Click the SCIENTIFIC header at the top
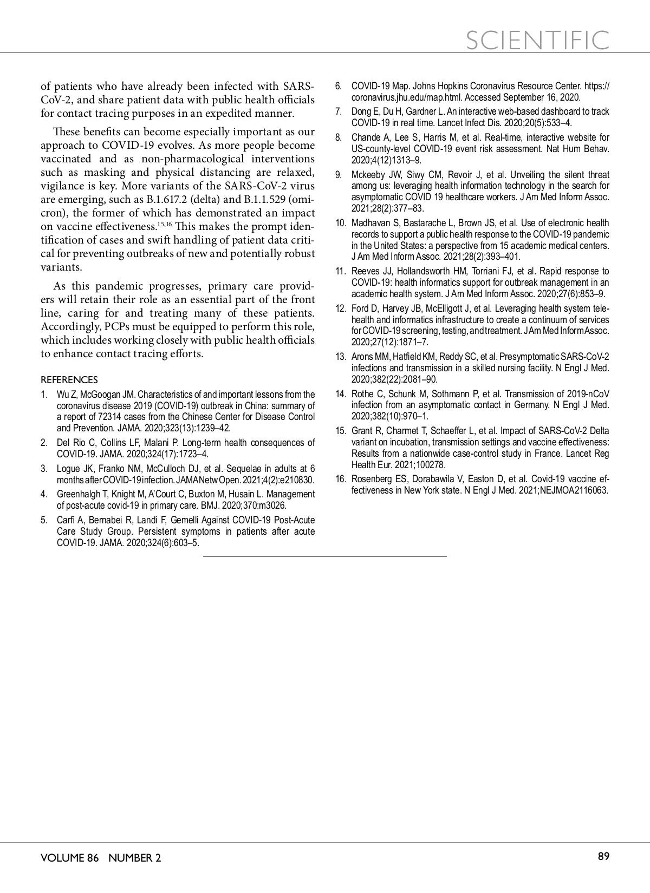tap(537, 40)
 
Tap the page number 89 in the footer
tap(603, 856)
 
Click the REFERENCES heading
tap(69, 379)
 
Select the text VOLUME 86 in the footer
tap(69, 858)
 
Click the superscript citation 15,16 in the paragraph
tap(164, 223)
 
